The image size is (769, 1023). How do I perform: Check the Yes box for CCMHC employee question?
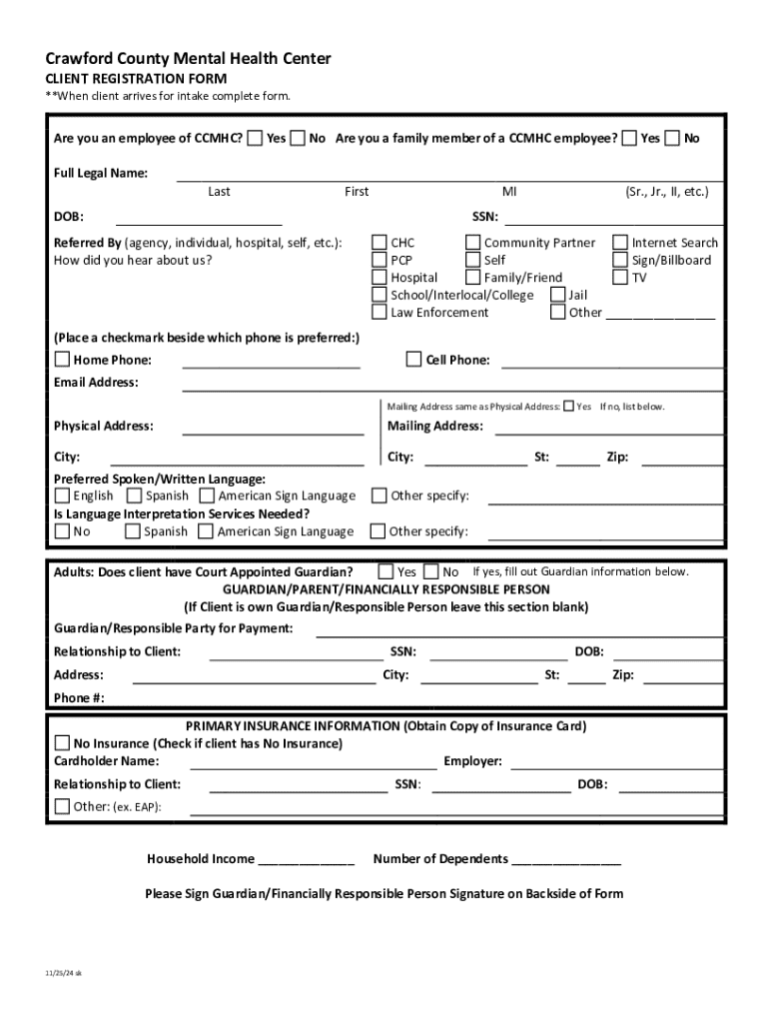pyautogui.click(x=256, y=138)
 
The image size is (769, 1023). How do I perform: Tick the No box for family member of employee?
pyautogui.click(x=673, y=138)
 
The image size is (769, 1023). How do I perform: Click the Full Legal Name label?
pyautogui.click(x=101, y=173)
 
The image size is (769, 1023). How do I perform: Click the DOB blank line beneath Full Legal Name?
pyautogui.click(x=199, y=217)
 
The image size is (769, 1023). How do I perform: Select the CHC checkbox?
pyautogui.click(x=380, y=243)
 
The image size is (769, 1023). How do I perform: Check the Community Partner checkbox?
pyautogui.click(x=473, y=243)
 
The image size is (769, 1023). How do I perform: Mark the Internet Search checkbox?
pyautogui.click(x=621, y=243)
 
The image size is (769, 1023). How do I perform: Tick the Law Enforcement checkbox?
pyautogui.click(x=380, y=313)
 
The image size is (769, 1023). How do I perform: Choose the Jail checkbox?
pyautogui.click(x=558, y=295)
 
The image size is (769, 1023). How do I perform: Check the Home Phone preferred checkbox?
pyautogui.click(x=62, y=360)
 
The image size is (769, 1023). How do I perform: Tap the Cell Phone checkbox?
pyautogui.click(x=414, y=360)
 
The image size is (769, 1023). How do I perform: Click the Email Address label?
pyautogui.click(x=96, y=383)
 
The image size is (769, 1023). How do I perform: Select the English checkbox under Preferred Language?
pyautogui.click(x=62, y=496)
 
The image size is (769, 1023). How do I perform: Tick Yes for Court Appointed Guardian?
pyautogui.click(x=385, y=572)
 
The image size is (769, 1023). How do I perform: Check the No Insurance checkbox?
pyautogui.click(x=62, y=743)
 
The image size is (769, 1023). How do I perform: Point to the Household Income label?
pyautogui.click(x=201, y=859)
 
